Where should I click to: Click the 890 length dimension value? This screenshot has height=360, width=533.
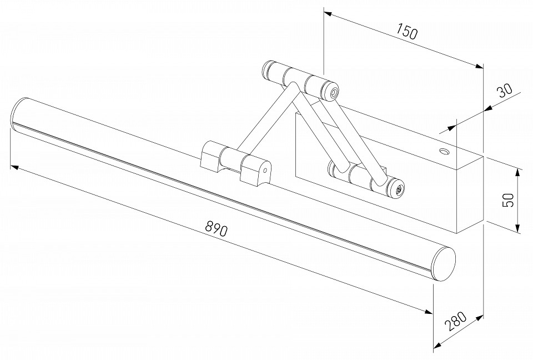[x=217, y=228]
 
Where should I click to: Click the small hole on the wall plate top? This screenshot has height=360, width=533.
[x=444, y=152]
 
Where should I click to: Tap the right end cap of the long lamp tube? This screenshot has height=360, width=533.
[x=444, y=263]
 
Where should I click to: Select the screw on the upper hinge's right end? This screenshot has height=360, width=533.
[x=333, y=93]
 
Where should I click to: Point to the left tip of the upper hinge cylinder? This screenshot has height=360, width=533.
[x=265, y=69]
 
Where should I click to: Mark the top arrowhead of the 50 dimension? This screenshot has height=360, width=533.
[x=517, y=171]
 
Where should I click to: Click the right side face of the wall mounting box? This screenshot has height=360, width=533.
[x=470, y=194]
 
